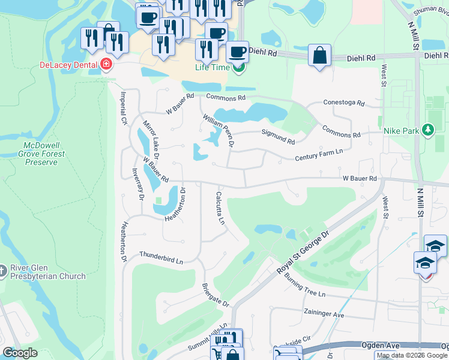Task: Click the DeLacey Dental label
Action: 68,65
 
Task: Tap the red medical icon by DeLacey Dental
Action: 106,64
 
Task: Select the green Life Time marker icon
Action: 239,67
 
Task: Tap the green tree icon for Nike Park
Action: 427,130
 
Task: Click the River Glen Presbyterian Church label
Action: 48,272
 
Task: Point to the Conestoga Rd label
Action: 344,103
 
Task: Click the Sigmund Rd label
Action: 277,137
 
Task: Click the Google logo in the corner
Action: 20,352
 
